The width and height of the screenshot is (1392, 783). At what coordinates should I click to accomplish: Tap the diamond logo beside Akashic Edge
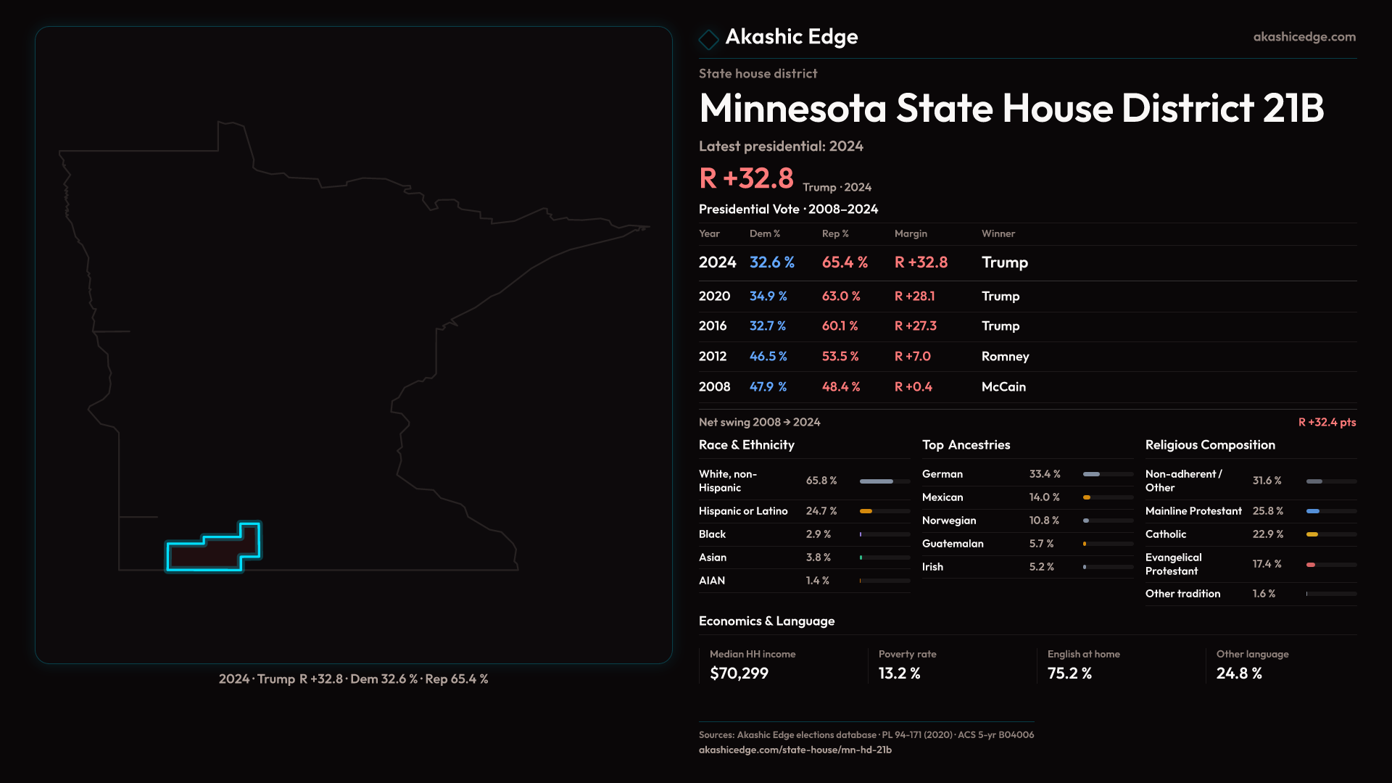(x=708, y=39)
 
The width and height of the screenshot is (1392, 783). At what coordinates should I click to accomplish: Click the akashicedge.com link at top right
(x=1304, y=37)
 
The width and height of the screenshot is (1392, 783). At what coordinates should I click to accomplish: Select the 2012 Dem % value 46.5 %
(x=768, y=357)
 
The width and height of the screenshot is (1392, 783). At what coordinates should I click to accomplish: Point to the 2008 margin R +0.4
(x=913, y=387)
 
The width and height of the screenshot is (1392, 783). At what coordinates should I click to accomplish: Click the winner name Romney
(x=1005, y=357)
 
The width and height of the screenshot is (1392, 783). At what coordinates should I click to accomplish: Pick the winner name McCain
(x=1003, y=387)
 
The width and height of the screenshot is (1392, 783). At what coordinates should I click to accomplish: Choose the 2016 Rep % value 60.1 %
(x=840, y=326)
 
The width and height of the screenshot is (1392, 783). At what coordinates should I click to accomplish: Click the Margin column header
(x=911, y=233)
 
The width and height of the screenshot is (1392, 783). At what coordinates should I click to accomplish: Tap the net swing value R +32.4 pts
(x=1327, y=423)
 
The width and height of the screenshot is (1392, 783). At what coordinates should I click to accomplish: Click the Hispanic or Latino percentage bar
(x=884, y=511)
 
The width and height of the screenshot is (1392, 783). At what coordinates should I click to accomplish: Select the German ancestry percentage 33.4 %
(x=1045, y=474)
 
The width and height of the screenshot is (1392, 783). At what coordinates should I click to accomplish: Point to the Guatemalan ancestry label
(x=953, y=544)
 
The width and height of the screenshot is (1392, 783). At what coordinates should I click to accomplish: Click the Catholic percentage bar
(x=1331, y=534)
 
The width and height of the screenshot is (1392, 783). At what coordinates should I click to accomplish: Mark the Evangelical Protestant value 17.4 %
(x=1267, y=564)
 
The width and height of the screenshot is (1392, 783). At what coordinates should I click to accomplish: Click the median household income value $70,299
(x=739, y=674)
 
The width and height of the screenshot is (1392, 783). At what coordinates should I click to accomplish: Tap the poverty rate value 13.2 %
(x=899, y=674)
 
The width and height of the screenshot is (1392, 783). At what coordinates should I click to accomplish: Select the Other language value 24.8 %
(x=1239, y=674)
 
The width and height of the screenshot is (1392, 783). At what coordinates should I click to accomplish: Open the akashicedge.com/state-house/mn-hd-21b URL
(x=795, y=750)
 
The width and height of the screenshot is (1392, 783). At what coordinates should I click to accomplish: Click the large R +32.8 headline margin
(x=746, y=178)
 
